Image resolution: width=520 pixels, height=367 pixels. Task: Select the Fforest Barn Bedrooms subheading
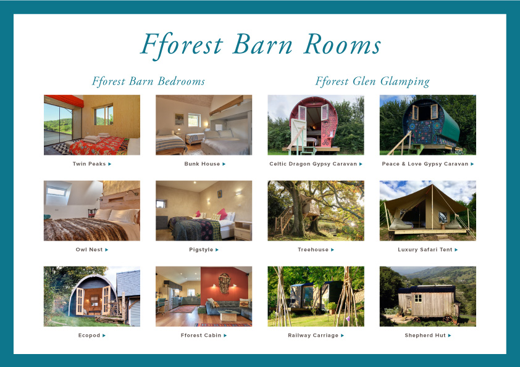[x=148, y=81]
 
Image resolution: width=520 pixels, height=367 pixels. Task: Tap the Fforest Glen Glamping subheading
[x=372, y=81]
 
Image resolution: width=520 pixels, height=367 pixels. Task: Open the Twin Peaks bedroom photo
[x=92, y=125]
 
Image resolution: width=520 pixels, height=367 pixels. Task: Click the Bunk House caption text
[x=202, y=164]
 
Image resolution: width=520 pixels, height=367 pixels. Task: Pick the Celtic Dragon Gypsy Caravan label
[x=313, y=164]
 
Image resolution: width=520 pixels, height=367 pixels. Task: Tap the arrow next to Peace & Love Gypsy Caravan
[x=472, y=164]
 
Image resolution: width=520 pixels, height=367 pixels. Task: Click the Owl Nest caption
[x=89, y=250]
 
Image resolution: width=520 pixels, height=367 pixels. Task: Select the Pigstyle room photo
[x=204, y=211]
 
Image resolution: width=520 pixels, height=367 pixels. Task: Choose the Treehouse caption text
[x=313, y=250]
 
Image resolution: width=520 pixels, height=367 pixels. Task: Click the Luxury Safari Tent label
[x=425, y=250]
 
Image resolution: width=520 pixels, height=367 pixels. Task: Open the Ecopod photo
[x=92, y=297]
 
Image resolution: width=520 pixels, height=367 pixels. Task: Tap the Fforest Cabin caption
[x=201, y=336]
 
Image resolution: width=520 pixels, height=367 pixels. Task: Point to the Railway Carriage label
[x=313, y=336]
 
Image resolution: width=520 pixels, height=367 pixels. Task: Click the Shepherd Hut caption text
[x=425, y=336]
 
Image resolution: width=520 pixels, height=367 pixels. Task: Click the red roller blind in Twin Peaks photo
[x=64, y=101]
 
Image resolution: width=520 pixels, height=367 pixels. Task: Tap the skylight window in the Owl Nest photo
[x=56, y=191]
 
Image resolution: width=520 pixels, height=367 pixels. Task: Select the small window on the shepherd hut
[x=418, y=299]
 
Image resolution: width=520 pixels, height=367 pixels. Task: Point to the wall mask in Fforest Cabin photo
[x=225, y=283]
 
